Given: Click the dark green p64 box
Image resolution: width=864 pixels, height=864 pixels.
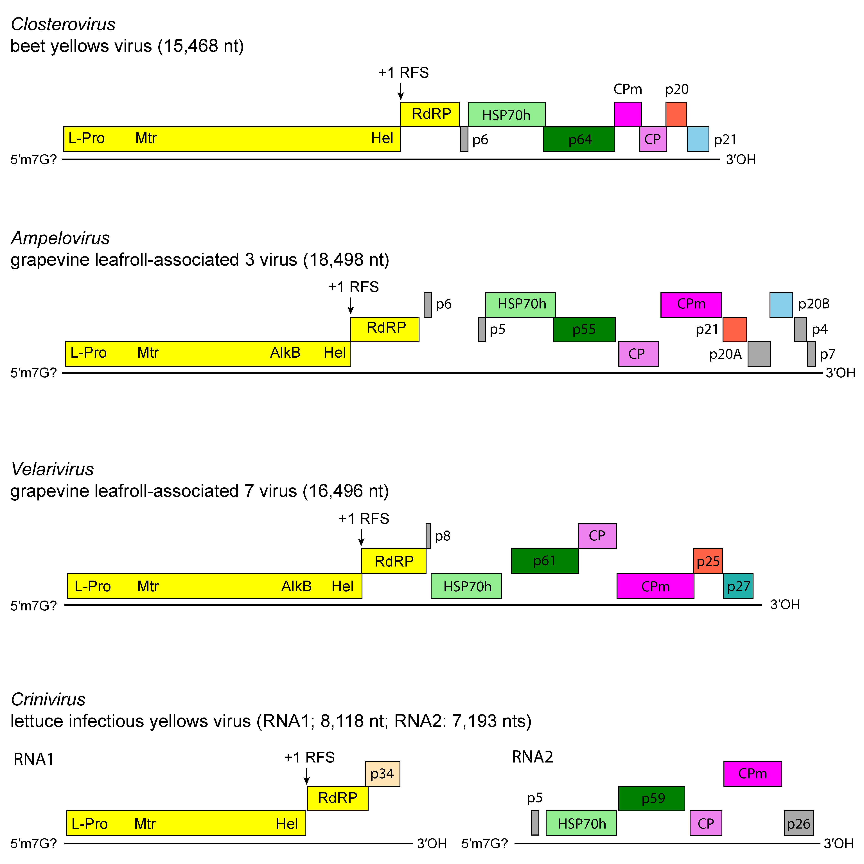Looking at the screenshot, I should point(579,139).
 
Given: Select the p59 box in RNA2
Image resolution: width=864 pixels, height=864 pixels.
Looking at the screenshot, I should point(652,798).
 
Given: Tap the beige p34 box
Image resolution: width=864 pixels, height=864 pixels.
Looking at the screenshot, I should point(382,774).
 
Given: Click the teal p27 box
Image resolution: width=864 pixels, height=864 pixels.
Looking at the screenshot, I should point(738,586).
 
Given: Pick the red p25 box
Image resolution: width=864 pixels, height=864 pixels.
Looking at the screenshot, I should point(708,561).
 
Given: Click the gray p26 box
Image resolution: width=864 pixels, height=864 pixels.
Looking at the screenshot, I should point(799,823).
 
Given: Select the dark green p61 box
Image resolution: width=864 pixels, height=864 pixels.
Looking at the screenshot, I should point(545,561).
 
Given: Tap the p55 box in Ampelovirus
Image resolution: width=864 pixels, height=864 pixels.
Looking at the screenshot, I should point(584,330).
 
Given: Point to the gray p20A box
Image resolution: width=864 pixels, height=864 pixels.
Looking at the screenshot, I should point(759,354).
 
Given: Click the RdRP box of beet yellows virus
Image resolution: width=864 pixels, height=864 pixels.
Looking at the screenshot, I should point(429,114).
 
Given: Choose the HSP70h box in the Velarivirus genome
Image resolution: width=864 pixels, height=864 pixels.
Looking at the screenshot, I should point(466,586).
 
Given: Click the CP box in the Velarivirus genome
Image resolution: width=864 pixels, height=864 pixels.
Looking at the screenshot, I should point(597,536).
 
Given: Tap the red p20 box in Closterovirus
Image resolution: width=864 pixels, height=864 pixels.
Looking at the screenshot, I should point(676,114).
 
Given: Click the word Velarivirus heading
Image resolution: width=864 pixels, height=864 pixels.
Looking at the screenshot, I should point(52,469).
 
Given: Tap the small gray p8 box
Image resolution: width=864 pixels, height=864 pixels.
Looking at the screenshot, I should point(428,536).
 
